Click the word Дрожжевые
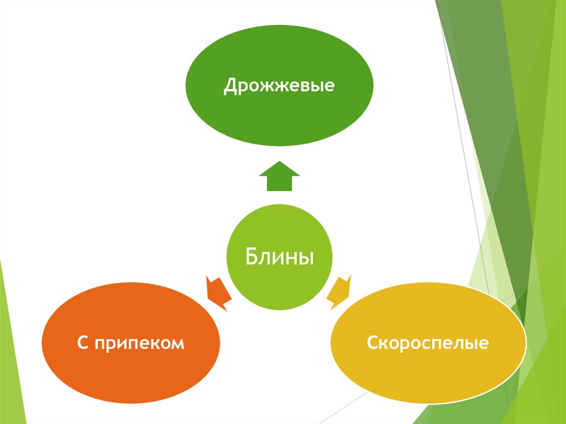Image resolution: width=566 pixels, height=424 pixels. [279, 87]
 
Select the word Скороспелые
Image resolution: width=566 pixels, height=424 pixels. [428, 343]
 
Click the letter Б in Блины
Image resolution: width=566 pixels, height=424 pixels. [250, 257]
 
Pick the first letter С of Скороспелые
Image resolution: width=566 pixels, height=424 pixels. [372, 343]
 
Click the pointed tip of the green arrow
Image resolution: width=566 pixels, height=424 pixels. [279, 163]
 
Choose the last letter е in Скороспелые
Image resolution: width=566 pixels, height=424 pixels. [483, 344]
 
